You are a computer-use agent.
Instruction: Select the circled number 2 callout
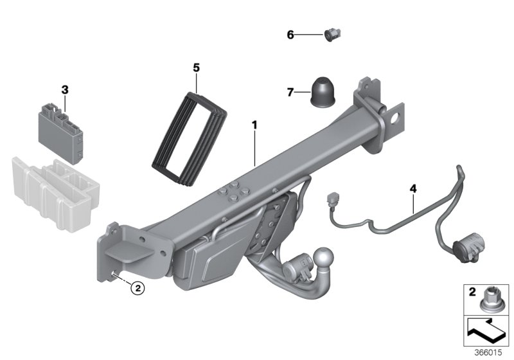coord(137,289)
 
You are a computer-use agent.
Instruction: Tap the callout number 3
coord(65,89)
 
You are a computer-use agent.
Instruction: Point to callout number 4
coord(413,188)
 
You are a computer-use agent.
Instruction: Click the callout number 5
coord(197,67)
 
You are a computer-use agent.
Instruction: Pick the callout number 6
coord(290,35)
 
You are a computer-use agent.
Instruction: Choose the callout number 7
coord(290,93)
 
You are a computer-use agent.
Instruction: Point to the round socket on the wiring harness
coord(464,248)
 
